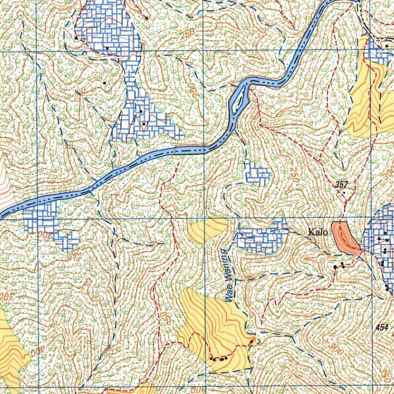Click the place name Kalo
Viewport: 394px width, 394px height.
point(318,232)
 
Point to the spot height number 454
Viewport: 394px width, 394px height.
point(382,327)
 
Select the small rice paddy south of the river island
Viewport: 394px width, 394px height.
point(257,174)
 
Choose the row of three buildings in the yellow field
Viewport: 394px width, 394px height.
point(219,359)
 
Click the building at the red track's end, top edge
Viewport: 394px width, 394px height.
point(147,18)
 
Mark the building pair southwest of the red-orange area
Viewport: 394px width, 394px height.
point(338,265)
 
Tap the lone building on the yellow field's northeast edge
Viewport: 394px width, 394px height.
point(251,341)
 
